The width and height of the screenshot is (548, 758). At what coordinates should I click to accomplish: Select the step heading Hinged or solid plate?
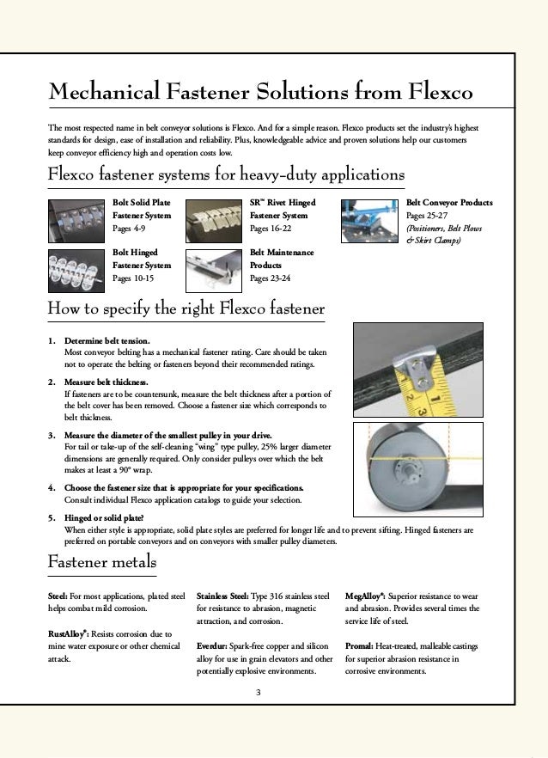tap(104, 519)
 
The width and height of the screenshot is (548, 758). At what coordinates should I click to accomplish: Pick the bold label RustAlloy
tap(68, 633)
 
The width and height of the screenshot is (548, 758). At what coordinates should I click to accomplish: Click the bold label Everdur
tap(211, 645)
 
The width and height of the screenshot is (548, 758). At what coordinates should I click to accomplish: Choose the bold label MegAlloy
tap(364, 595)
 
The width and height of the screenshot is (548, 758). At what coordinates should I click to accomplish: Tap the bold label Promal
tap(360, 645)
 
